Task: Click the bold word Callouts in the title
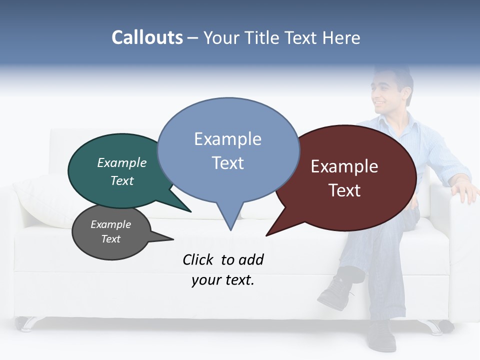[147, 37]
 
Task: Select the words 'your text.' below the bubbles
[223, 280]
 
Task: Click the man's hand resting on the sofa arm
[462, 190]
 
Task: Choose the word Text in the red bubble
[344, 190]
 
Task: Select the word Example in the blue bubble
[227, 139]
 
